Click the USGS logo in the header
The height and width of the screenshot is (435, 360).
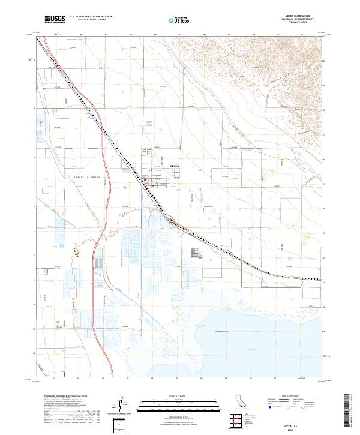coord(55,19)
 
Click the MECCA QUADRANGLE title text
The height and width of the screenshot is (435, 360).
coord(301,16)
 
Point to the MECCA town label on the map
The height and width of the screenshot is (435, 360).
coord(175,165)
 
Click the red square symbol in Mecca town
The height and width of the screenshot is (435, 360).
coord(146,178)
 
